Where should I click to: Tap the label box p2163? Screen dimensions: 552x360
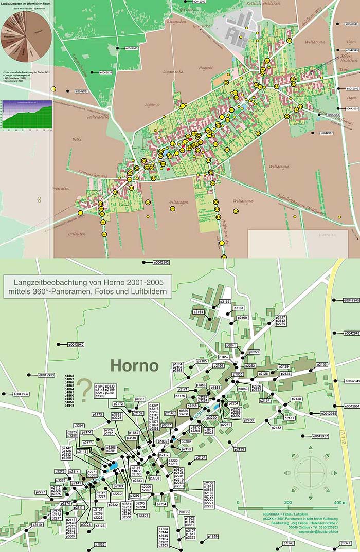click(225, 302)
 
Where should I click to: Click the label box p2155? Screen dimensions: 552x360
click(321, 364)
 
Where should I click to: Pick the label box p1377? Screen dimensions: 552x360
click(346, 543)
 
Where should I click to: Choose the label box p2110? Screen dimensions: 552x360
click(38, 525)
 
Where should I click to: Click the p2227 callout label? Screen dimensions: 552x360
click(41, 492)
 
